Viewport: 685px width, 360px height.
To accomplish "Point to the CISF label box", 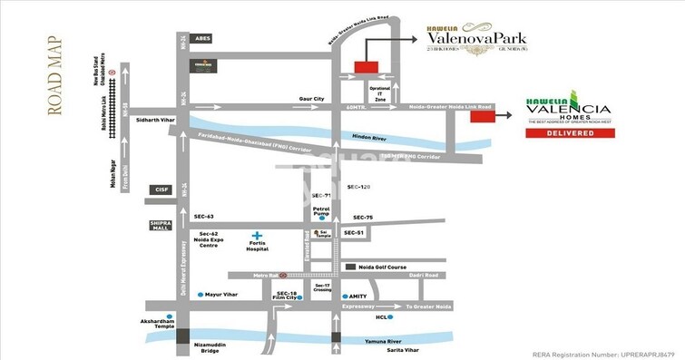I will point(161,190).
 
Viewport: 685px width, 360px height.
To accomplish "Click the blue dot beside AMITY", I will point(342,297).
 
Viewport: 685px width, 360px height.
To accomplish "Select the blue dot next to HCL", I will point(390,318).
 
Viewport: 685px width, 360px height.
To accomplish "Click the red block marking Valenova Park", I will point(366,66).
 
